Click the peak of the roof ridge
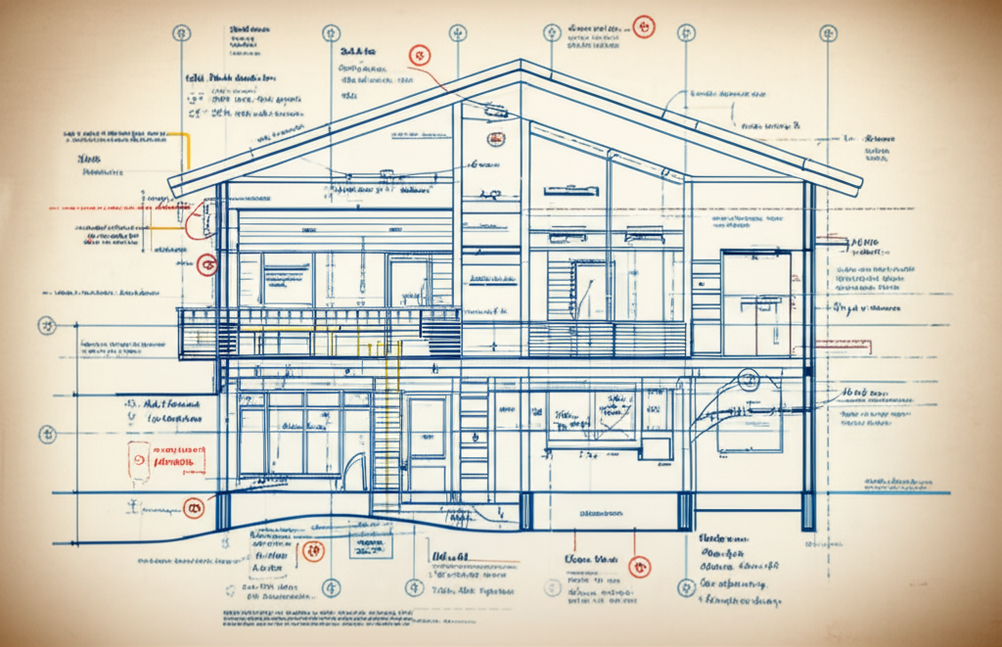pos(521,64)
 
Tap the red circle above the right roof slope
pos(642,25)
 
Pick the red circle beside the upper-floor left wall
pos(205,264)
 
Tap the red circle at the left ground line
pos(194,507)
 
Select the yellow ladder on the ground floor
pos(387,431)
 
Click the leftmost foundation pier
pos(224,510)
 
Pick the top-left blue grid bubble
pos(181,32)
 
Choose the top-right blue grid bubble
pos(828,32)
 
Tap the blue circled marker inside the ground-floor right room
pos(750,380)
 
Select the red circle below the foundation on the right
pos(640,566)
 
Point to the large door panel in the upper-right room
pos(755,300)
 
